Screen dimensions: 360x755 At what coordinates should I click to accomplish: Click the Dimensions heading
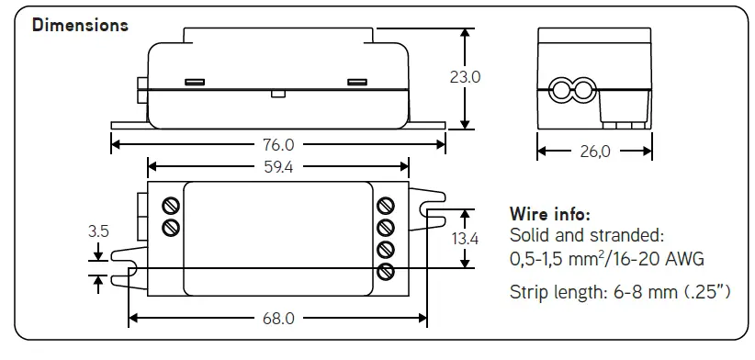[x=80, y=25]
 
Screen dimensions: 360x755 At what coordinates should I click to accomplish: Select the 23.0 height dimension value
[x=465, y=77]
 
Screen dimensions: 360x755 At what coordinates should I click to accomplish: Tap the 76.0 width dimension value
[x=278, y=144]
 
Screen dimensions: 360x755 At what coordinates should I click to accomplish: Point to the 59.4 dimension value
[x=278, y=166]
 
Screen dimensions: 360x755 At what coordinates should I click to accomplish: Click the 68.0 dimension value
[x=278, y=319]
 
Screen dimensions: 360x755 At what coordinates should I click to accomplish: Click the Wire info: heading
[x=550, y=215]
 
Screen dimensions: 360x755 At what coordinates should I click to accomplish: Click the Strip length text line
[x=620, y=293]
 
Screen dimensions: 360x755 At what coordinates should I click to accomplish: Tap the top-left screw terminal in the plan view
[x=170, y=205]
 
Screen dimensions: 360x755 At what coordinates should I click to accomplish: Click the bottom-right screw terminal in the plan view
[x=386, y=271]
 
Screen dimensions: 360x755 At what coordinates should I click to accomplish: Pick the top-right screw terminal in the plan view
[x=386, y=205]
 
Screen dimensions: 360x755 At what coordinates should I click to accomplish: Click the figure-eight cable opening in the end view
[x=571, y=90]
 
